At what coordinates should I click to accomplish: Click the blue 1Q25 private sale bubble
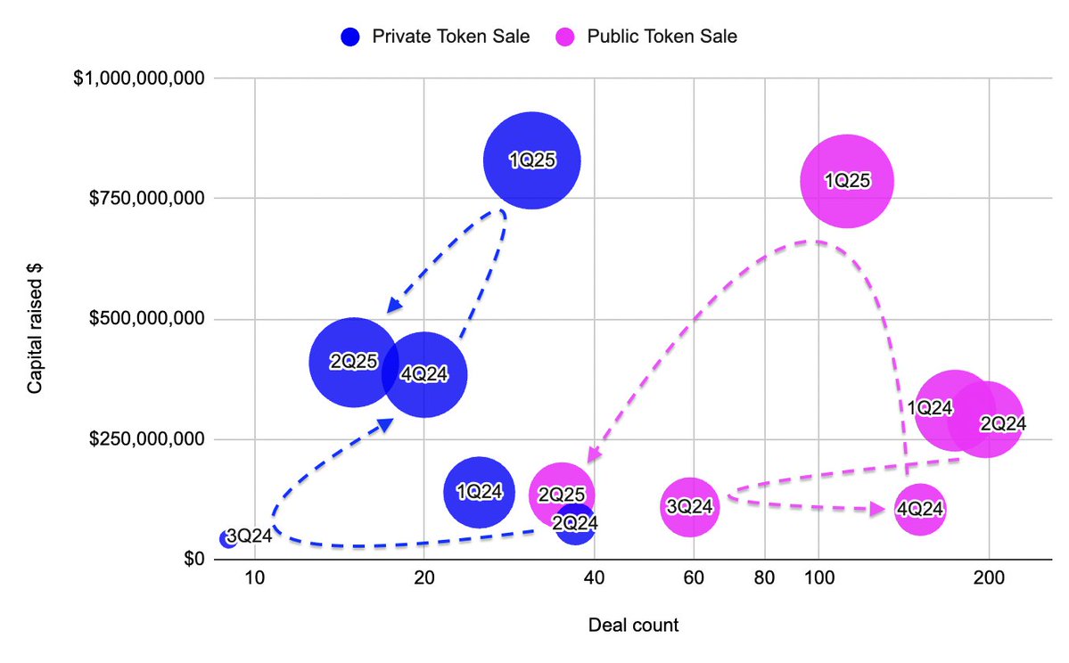532,160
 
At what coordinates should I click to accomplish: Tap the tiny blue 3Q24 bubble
228,538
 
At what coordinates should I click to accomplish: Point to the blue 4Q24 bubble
425,374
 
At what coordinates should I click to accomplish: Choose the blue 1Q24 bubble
480,492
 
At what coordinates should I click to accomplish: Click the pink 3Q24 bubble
689,506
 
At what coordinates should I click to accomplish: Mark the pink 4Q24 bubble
919,510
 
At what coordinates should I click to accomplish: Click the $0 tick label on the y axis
193,560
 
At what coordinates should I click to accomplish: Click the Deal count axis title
633,626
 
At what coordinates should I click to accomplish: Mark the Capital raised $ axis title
35,319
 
